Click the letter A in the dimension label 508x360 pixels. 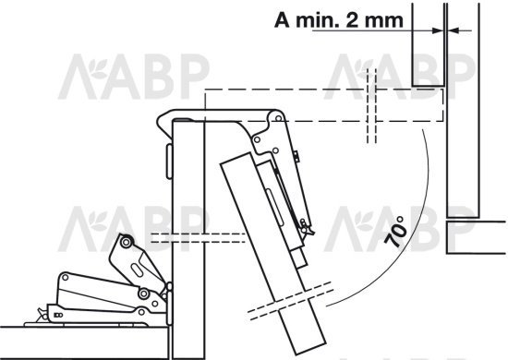[282, 20]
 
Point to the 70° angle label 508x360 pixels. [395, 232]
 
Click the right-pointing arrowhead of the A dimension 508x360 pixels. [438, 30]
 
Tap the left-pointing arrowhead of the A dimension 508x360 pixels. [454, 30]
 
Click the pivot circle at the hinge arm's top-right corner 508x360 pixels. [278, 118]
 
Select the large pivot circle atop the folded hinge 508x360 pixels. [125, 242]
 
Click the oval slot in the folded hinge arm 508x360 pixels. [137, 270]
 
